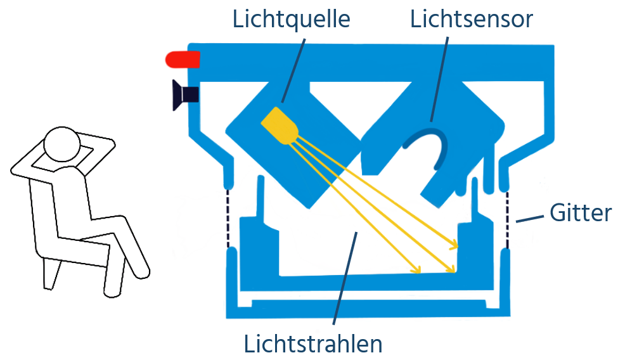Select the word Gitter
580,213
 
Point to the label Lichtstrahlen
313,344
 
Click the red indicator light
183,59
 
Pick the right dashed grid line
507,218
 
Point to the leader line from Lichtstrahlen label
345,279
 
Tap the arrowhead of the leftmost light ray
416,271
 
